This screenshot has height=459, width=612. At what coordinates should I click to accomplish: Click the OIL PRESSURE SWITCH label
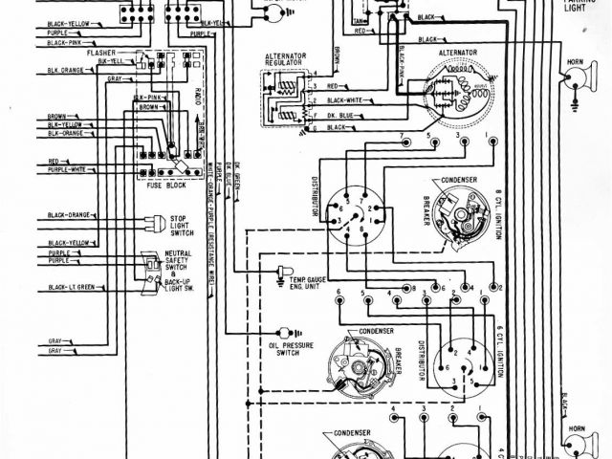tap(286, 348)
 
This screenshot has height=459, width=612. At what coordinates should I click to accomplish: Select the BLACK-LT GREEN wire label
tap(72, 287)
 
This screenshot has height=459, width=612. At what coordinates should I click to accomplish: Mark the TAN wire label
tap(359, 19)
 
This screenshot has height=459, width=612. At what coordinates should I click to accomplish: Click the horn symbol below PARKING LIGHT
tap(575, 81)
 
